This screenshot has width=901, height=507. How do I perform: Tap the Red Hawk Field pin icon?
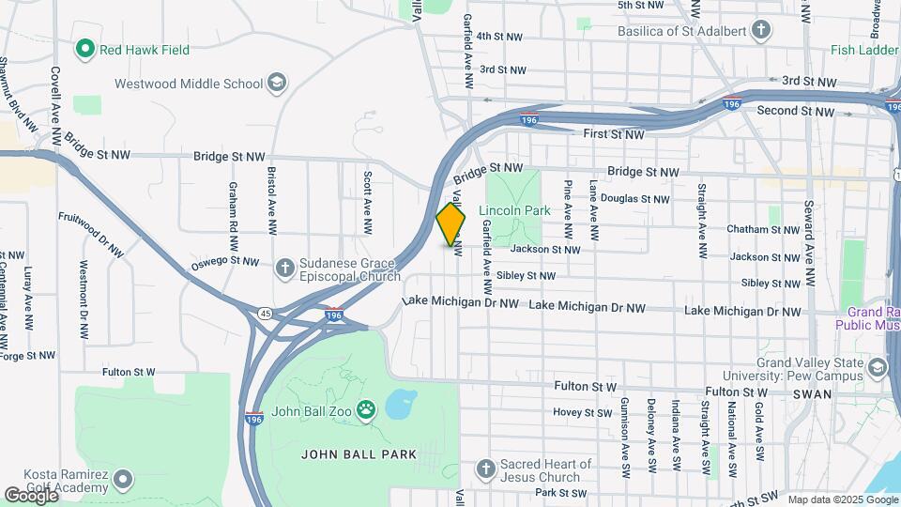[85, 49]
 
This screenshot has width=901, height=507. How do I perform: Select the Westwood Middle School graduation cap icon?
[277, 84]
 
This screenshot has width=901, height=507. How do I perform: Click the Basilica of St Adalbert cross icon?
[761, 31]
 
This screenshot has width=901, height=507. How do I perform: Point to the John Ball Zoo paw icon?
[367, 409]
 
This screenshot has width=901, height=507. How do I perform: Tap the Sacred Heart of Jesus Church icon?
[485, 469]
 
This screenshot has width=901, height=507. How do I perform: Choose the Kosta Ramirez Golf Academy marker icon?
[123, 481]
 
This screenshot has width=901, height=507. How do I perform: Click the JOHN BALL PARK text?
[359, 454]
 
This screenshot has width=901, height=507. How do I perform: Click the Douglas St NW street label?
[634, 199]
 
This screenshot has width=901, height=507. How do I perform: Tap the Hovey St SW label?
[581, 412]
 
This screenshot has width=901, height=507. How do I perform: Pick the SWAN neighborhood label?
[812, 394]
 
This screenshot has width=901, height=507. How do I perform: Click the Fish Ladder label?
[864, 50]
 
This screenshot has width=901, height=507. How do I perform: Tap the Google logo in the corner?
[30, 495]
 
